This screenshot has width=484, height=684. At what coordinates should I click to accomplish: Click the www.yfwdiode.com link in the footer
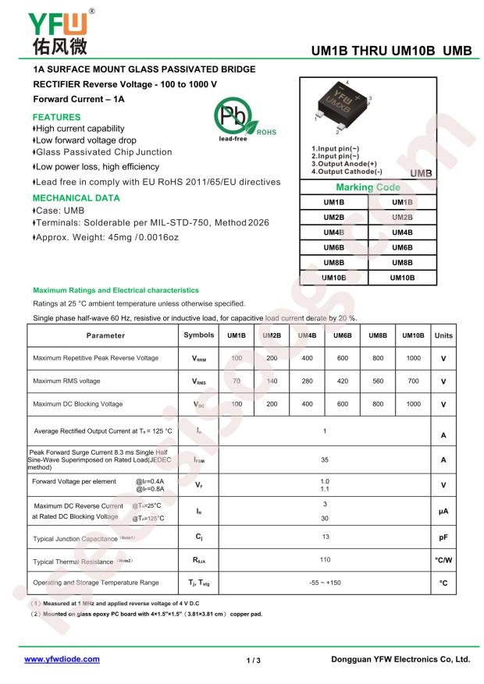[62, 659]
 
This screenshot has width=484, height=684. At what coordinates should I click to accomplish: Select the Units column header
[443, 335]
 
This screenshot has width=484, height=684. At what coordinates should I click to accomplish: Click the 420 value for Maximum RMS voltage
[342, 381]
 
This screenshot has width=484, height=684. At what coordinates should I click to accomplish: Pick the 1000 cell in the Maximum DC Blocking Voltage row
[413, 404]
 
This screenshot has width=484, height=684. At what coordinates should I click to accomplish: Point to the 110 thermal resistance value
[325, 559]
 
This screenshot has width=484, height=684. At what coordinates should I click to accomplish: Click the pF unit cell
[443, 538]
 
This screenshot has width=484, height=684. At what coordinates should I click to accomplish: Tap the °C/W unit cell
[443, 560]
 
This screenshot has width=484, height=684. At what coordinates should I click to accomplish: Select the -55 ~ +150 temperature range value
[325, 583]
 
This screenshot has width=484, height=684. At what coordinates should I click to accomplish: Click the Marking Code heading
[367, 188]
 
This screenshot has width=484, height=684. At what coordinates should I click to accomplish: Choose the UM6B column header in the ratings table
[342, 335]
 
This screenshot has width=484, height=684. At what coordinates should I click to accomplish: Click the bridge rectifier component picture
[343, 105]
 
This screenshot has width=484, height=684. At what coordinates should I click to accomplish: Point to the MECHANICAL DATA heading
[77, 197]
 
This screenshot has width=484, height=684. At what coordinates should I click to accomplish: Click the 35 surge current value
[325, 460]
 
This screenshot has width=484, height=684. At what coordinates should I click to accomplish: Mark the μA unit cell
[443, 512]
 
